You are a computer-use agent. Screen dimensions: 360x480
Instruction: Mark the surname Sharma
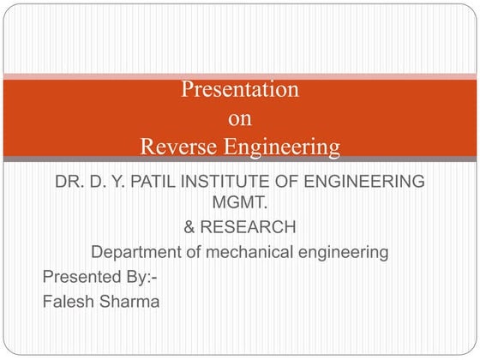pos(130,301)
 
